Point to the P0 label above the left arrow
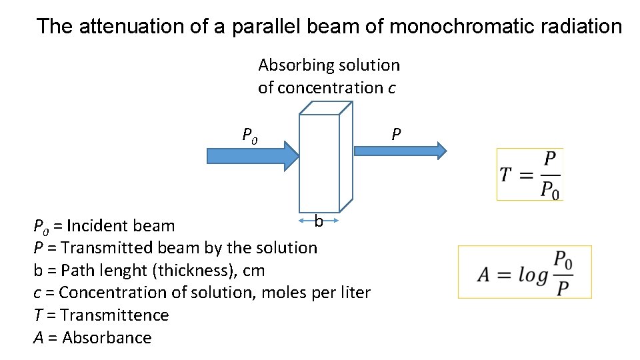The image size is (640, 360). (x=250, y=136)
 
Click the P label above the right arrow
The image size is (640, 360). (x=396, y=135)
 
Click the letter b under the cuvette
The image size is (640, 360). (x=319, y=221)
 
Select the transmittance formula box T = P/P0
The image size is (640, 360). (x=530, y=175)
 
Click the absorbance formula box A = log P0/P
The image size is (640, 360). (x=525, y=272)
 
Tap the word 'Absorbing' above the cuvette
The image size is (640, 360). (x=297, y=65)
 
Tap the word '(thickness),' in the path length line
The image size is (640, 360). (x=193, y=271)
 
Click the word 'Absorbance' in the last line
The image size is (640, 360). (x=107, y=338)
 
